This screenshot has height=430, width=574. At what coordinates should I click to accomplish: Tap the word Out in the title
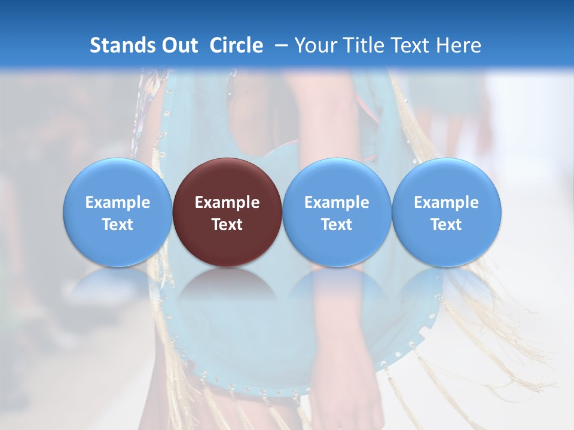(180, 46)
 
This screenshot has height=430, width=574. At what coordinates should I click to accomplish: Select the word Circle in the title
(236, 46)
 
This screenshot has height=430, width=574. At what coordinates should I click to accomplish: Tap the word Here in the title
(459, 46)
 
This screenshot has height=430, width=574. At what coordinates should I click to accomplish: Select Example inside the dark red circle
(227, 202)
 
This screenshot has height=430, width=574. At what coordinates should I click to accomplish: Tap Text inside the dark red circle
(227, 225)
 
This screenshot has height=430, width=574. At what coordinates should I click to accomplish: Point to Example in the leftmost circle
(117, 202)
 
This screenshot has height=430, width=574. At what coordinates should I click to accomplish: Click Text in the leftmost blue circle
(117, 225)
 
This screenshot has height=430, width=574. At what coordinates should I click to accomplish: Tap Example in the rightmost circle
(446, 202)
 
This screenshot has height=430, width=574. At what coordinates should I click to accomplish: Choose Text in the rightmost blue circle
(446, 225)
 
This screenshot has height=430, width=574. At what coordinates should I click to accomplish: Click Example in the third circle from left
(337, 202)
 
